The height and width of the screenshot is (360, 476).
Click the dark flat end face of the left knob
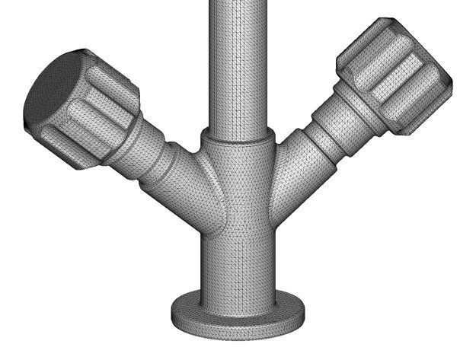(52, 90)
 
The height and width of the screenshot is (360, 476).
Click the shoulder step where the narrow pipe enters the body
(238, 138)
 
